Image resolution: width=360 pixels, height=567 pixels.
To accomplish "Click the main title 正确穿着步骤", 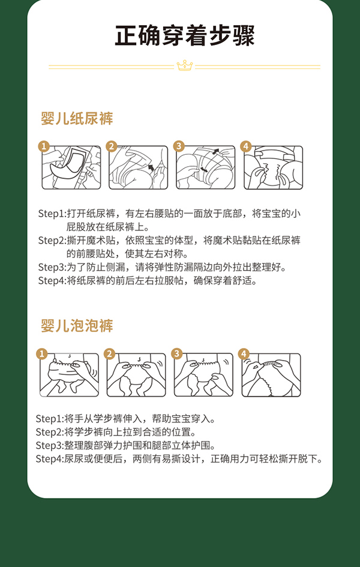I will click(184, 35).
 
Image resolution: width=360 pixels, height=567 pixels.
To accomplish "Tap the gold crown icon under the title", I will click(184, 65).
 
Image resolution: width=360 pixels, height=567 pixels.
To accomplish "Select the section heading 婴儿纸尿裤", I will click(77, 118).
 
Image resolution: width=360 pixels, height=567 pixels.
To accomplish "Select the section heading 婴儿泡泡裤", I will click(77, 326).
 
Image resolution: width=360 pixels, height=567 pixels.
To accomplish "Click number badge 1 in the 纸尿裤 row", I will click(44, 146).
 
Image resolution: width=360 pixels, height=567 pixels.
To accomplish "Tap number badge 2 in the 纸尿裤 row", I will click(111, 146).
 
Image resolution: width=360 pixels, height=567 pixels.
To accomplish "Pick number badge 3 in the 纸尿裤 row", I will click(178, 146).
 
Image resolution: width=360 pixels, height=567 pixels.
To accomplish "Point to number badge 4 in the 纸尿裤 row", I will click(245, 146).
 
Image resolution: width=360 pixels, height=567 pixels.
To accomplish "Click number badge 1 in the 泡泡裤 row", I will click(42, 354).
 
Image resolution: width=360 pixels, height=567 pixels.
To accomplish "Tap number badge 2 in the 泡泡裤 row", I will click(109, 354).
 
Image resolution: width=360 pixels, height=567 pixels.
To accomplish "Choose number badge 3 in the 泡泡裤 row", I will click(176, 354).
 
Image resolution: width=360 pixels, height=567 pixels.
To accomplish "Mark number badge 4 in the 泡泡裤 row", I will click(244, 354).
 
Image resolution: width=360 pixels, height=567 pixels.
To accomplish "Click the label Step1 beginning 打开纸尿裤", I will click(50, 214).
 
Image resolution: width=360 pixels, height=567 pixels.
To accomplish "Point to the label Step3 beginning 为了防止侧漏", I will click(50, 267).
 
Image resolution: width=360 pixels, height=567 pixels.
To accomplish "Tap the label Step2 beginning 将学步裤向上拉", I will click(48, 432).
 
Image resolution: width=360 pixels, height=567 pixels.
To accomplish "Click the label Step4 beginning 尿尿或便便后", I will click(48, 459).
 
